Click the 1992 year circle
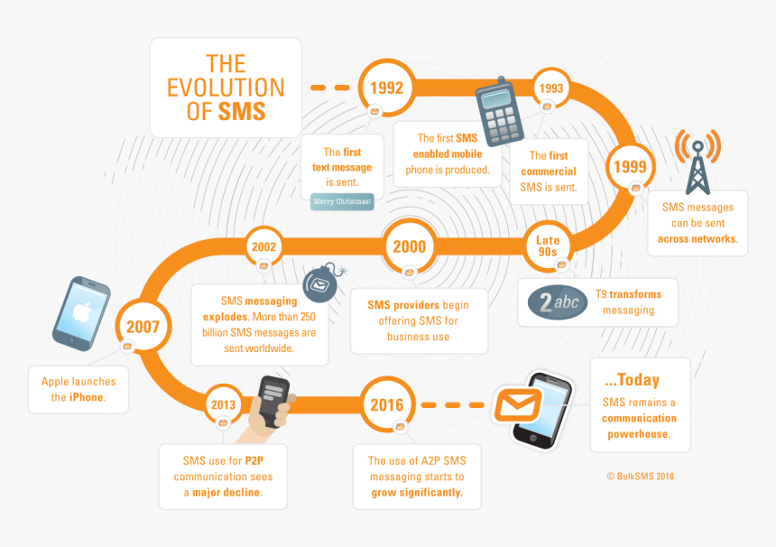point(387,88)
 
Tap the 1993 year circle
point(550,88)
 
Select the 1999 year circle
point(630,166)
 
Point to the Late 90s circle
point(548,246)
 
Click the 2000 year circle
point(410,246)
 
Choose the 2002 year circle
point(264,246)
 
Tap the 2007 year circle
point(143,326)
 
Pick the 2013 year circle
point(223,405)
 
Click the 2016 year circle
point(387,405)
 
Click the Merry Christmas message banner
point(342,201)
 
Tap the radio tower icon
point(697,162)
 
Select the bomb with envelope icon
point(319,284)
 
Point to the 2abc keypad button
point(552,303)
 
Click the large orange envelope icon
point(517,407)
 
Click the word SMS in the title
point(242,111)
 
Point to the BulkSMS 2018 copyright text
point(641,476)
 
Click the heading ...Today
point(633,379)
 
